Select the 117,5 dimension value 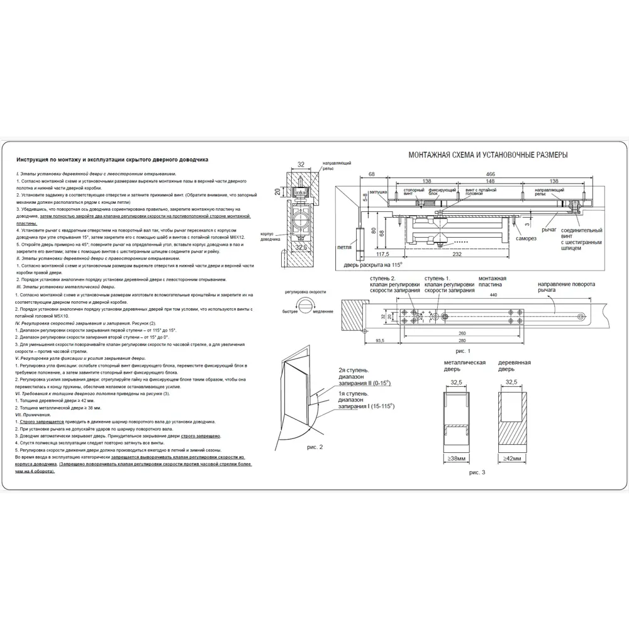pos(384,254)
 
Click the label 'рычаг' pos(548,230)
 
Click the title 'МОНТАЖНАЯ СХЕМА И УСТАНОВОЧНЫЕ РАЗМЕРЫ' pos(488,155)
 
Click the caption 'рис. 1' pos(463,350)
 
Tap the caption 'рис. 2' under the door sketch pos(313,447)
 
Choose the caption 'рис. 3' pos(478,471)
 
